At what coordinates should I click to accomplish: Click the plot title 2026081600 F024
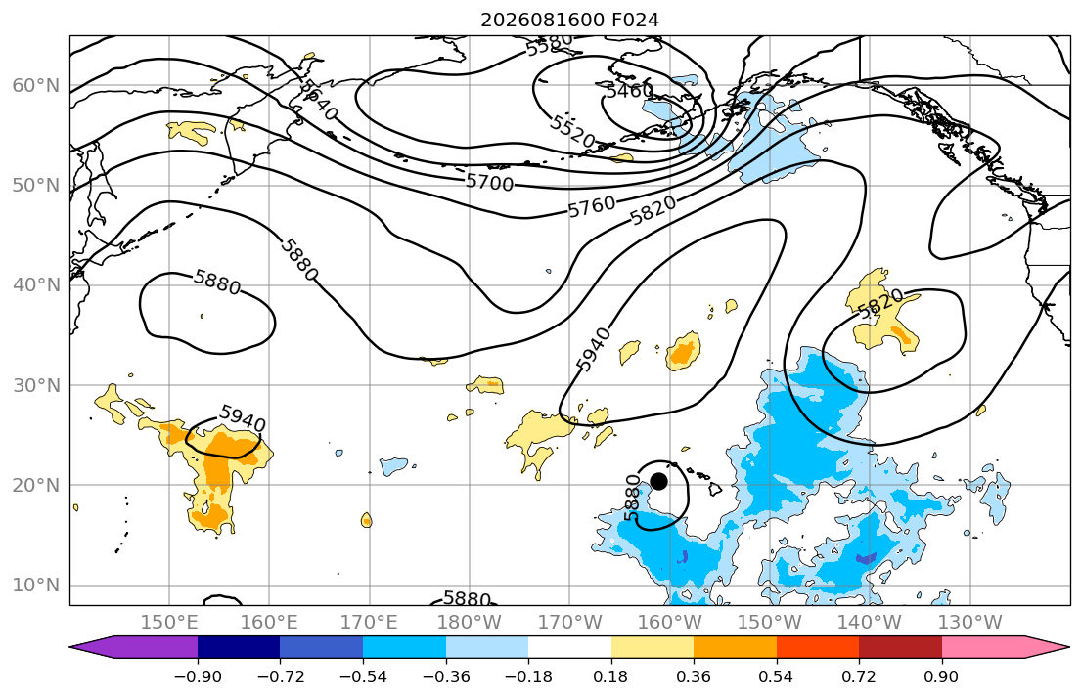pyautogui.click(x=569, y=20)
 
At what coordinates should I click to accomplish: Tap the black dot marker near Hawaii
pyautogui.click(x=658, y=481)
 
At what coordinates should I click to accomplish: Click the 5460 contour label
pyautogui.click(x=629, y=91)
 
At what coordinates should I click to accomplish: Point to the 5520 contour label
pyautogui.click(x=572, y=132)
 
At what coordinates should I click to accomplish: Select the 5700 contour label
pyautogui.click(x=489, y=182)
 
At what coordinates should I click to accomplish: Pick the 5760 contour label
pyautogui.click(x=592, y=206)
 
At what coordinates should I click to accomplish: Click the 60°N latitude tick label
pyautogui.click(x=36, y=85)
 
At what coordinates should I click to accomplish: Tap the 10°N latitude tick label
pyautogui.click(x=36, y=586)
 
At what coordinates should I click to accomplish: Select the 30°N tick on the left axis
pyautogui.click(x=36, y=385)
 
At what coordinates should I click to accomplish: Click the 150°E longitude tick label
pyautogui.click(x=169, y=623)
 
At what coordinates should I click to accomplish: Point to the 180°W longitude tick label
pyautogui.click(x=470, y=623)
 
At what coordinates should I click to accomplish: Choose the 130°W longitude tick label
pyautogui.click(x=970, y=623)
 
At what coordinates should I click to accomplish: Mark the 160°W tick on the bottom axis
pyautogui.click(x=670, y=623)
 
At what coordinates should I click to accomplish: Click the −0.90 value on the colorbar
pyautogui.click(x=198, y=676)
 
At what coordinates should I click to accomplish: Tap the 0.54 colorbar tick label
pyautogui.click(x=777, y=676)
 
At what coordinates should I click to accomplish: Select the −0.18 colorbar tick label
pyautogui.click(x=528, y=676)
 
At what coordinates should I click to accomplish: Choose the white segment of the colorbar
pyautogui.click(x=569, y=647)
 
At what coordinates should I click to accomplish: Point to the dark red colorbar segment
pyautogui.click(x=900, y=647)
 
